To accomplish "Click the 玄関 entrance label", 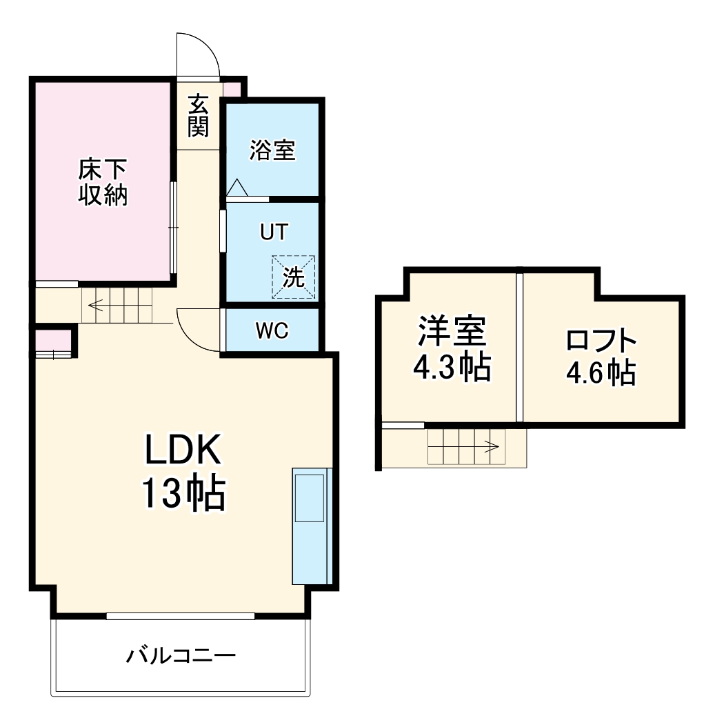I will pos(198,115).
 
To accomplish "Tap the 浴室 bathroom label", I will pos(272,150).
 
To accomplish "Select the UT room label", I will pos(273,232).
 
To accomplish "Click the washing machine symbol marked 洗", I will pos(294,277).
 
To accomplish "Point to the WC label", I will pos(272,331).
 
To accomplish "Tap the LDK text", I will pos(182,452).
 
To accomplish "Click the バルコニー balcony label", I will pos(181,655).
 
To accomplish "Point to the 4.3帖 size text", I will pos(452,369).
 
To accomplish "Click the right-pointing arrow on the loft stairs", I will pos(492,446).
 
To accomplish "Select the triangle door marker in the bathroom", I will pos(236,187).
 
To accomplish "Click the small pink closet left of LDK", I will pos(54,341).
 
